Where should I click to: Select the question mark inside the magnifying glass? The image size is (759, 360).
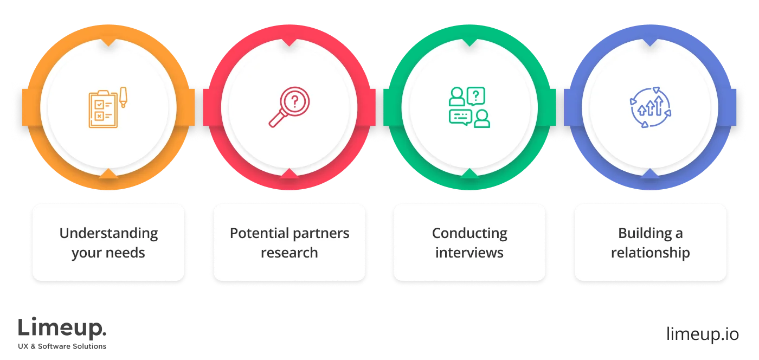[294, 101]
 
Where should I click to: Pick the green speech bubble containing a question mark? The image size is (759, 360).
[475, 96]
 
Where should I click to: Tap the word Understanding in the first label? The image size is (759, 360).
[108, 234]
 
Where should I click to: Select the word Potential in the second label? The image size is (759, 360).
[257, 234]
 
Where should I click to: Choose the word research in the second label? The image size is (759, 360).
[289, 253]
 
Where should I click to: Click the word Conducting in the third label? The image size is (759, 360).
[469, 234]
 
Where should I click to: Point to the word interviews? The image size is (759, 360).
[469, 253]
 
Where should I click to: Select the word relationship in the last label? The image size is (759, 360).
[650, 253]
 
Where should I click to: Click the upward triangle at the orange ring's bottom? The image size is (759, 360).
[108, 174]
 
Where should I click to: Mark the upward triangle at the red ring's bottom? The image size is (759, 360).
[289, 174]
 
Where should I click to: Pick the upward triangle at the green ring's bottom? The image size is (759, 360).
[469, 174]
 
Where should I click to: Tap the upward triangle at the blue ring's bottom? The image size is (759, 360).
[650, 174]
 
